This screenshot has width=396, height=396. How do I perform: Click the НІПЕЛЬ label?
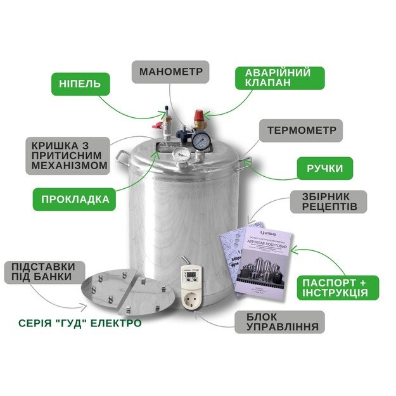pos(80,84)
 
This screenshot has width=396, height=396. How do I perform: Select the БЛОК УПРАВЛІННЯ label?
pos(279,322)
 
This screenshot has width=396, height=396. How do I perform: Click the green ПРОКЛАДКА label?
pos(75,199)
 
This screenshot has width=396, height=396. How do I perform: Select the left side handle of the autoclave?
pos(122,156)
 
